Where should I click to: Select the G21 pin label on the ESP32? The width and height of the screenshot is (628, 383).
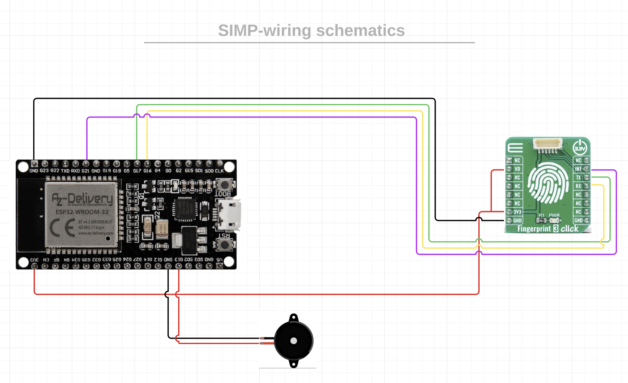pyautogui.click(x=85, y=171)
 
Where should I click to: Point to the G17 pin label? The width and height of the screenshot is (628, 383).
pyautogui.click(x=137, y=171)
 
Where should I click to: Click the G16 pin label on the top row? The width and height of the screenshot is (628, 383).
pyautogui.click(x=147, y=171)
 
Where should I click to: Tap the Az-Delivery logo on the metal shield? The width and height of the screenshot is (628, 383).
pyautogui.click(x=82, y=199)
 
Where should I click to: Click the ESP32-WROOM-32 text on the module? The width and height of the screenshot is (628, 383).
pyautogui.click(x=82, y=212)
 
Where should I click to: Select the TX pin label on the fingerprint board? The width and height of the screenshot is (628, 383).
pyautogui.click(x=579, y=177)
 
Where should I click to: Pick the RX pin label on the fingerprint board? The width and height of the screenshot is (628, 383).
pyautogui.click(x=579, y=186)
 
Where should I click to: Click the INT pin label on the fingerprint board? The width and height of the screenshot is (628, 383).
pyautogui.click(x=578, y=169)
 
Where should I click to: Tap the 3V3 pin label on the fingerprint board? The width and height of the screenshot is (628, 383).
pyautogui.click(x=517, y=212)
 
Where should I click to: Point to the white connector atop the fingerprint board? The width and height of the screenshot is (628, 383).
pyautogui.click(x=548, y=144)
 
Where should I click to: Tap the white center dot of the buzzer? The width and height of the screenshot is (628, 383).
pyautogui.click(x=294, y=341)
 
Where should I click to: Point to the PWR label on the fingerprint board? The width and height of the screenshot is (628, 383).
pyautogui.click(x=554, y=215)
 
